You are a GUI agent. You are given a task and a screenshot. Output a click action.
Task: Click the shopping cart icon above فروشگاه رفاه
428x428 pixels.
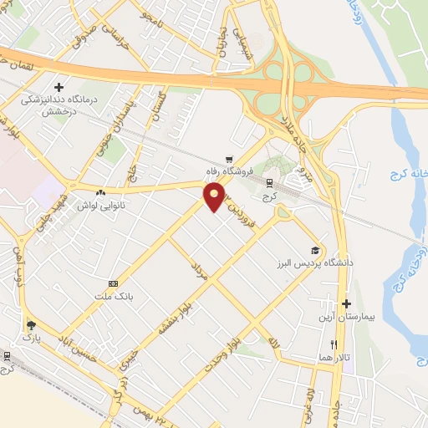tap(229, 160)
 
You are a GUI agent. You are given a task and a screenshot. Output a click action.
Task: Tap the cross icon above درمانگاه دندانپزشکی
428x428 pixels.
tap(59, 87)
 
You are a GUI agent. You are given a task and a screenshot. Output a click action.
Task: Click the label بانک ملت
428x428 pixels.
tap(114, 297)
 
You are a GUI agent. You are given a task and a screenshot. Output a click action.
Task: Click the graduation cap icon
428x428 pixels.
tap(315, 249)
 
